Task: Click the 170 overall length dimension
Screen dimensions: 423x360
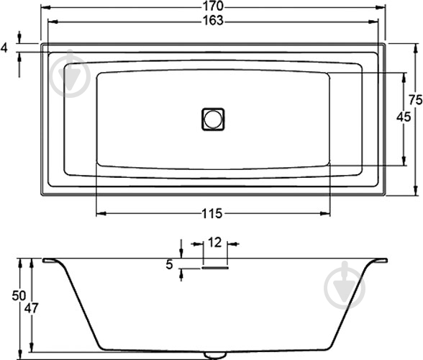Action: point(213,6)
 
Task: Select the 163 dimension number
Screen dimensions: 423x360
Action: point(213,21)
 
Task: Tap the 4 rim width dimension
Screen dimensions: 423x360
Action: point(4,48)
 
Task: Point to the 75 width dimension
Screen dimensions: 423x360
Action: point(415,100)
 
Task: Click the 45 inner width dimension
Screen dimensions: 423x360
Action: point(404,117)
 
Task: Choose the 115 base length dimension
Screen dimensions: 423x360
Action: point(212,214)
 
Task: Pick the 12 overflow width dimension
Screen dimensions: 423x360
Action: point(214,243)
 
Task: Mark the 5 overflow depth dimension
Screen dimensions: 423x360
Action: point(169,265)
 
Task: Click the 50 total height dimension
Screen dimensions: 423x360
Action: point(19,296)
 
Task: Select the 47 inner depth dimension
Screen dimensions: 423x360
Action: point(32,308)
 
